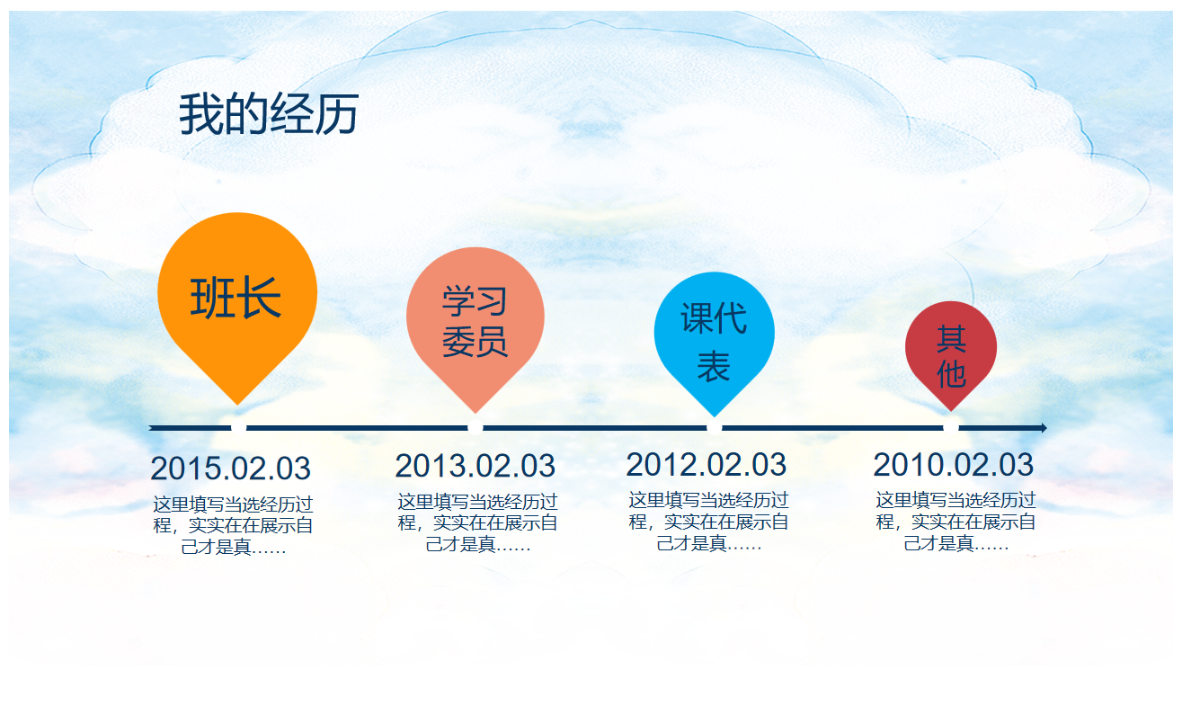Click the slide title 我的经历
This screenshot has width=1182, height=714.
pyautogui.click(x=269, y=114)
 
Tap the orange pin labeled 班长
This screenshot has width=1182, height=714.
pyautogui.click(x=237, y=301)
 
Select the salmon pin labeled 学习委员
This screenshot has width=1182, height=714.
pyautogui.click(x=475, y=325)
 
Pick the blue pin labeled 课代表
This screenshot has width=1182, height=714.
pyautogui.click(x=714, y=338)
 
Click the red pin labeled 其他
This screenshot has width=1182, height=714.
pyautogui.click(x=951, y=351)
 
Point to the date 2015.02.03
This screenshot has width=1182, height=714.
pyautogui.click(x=231, y=469)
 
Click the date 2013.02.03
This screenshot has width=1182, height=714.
pyautogui.click(x=475, y=466)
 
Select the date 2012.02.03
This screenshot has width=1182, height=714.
pyautogui.click(x=706, y=464)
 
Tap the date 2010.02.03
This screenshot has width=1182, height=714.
pyautogui.click(x=953, y=464)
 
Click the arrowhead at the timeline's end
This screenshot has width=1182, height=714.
pyautogui.click(x=1044, y=428)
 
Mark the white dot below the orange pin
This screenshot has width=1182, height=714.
pyautogui.click(x=238, y=427)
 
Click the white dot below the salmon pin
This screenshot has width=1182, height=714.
pyautogui.click(x=475, y=427)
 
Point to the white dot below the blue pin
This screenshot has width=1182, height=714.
pyautogui.click(x=714, y=427)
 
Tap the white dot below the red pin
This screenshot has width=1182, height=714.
pyautogui.click(x=951, y=427)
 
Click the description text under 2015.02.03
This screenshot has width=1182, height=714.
pyautogui.click(x=233, y=525)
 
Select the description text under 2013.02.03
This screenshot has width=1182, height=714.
pyautogui.click(x=477, y=523)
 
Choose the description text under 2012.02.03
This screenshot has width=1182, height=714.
pyautogui.click(x=708, y=522)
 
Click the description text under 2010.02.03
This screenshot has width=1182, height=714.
pyautogui.click(x=955, y=522)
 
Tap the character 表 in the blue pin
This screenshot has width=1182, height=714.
pyautogui.click(x=714, y=366)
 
